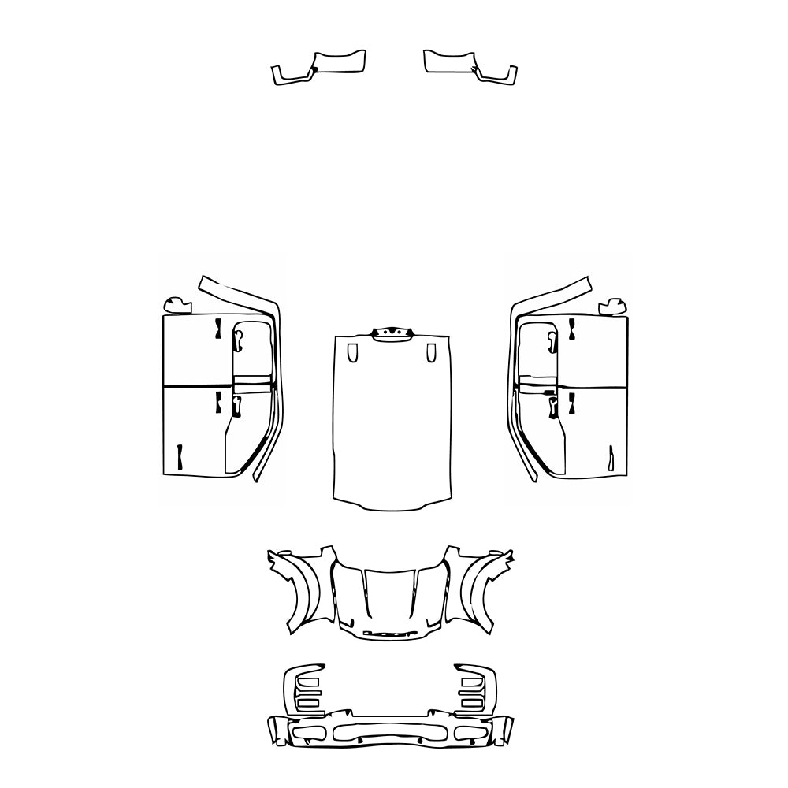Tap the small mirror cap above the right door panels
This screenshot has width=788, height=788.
point(614,305)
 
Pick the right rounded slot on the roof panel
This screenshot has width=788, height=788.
point(430,353)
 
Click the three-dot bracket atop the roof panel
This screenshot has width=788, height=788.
point(392,334)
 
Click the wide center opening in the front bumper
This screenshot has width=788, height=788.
point(391,732)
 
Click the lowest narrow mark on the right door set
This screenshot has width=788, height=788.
point(611,459)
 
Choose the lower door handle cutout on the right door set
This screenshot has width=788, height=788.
point(553,407)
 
